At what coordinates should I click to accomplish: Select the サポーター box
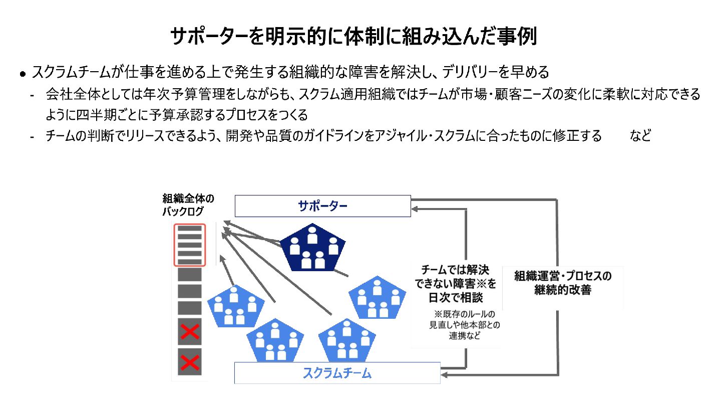[x=322, y=206]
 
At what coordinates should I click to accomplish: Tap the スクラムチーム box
[x=337, y=373]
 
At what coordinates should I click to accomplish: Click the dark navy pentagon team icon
[x=312, y=247]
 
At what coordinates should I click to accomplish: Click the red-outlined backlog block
[x=189, y=245]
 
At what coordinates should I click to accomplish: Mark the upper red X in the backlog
[x=190, y=331]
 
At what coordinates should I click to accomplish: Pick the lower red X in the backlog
[x=190, y=362]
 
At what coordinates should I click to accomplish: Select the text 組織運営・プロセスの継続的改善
[x=563, y=283]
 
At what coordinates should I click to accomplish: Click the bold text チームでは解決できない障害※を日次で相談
[x=456, y=283]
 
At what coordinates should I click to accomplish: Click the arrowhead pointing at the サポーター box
[x=416, y=206]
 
